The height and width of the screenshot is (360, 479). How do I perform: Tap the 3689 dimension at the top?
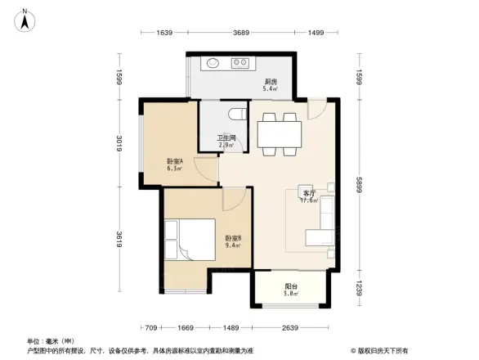coord(240,33)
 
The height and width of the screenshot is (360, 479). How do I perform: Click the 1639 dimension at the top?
coord(165,33)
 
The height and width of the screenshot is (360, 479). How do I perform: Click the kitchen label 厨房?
coord(271,83)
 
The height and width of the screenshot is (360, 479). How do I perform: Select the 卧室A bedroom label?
coord(174,164)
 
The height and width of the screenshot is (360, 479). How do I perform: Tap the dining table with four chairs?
coord(278,133)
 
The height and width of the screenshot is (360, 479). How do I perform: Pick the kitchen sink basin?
coord(214,62)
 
